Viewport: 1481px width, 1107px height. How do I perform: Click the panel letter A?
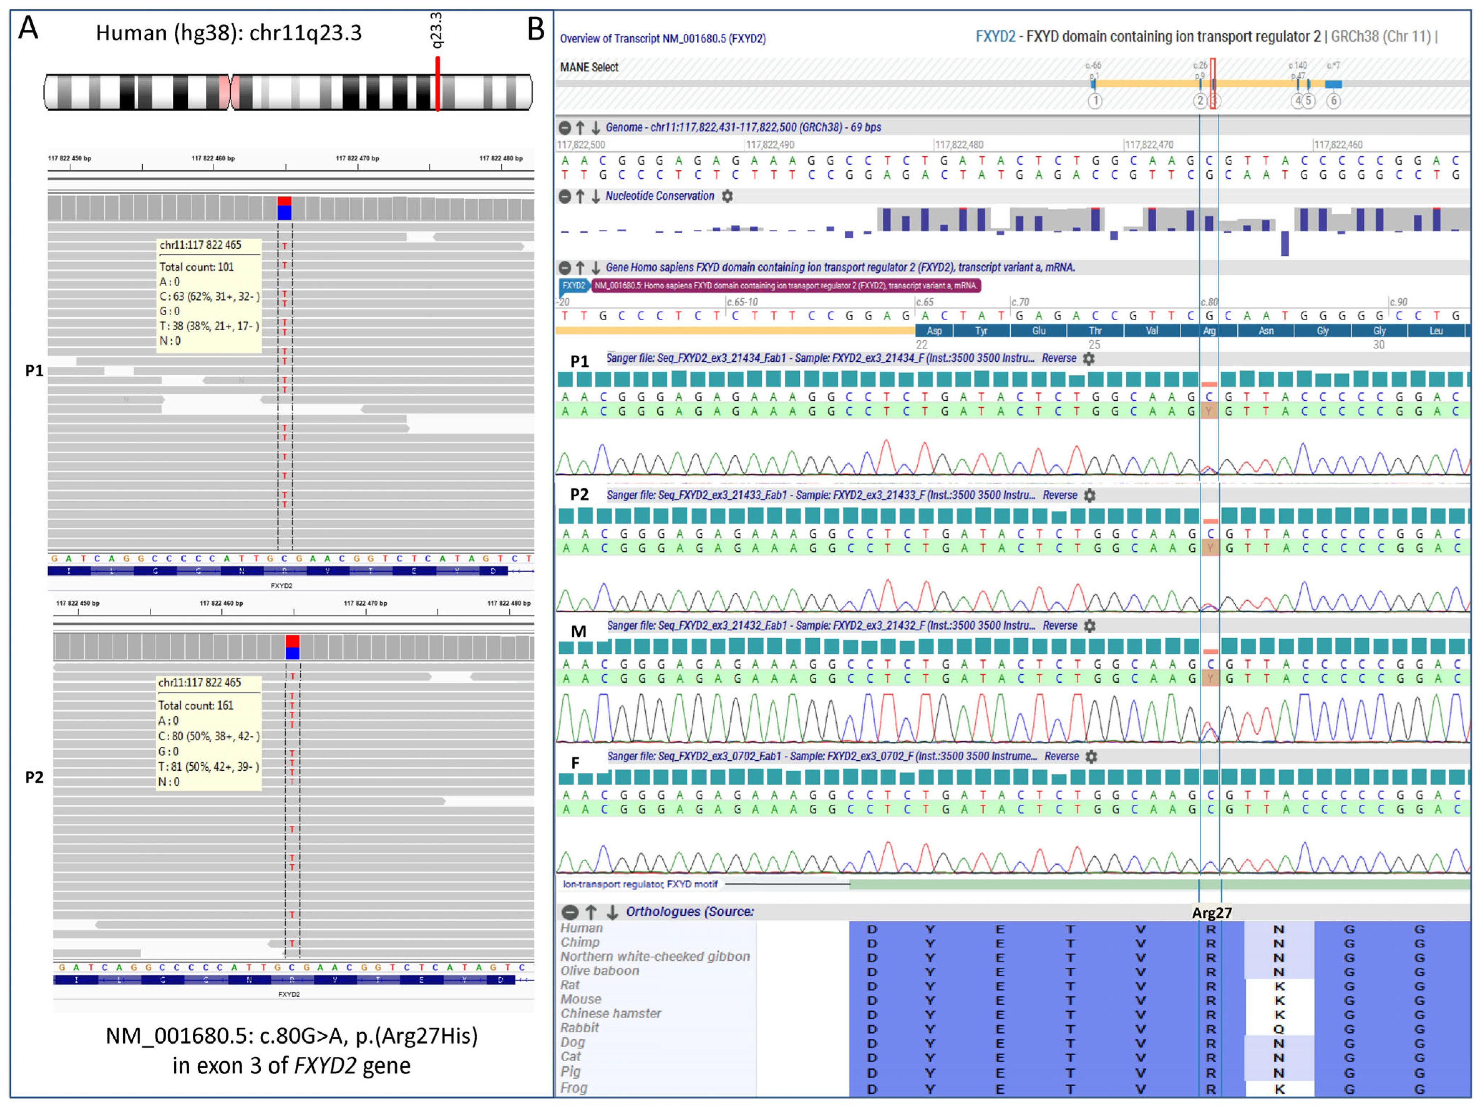coord(28,28)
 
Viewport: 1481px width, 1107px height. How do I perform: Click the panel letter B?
coord(536,29)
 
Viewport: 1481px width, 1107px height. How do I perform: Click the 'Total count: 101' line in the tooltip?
coord(196,267)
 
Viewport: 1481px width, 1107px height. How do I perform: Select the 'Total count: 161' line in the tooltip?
coord(196,705)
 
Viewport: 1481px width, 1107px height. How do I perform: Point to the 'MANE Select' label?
coord(589,67)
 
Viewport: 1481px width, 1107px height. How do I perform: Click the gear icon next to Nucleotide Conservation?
coord(727,196)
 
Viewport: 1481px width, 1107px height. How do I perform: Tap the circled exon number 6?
coord(1333,101)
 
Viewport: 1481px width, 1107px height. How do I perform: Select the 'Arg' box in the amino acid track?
coord(1209,331)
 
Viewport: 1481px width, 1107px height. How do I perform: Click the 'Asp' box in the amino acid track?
coord(934,331)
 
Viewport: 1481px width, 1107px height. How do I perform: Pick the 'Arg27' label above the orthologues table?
coord(1212,912)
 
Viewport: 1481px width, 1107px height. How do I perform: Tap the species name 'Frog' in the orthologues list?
coord(574,1088)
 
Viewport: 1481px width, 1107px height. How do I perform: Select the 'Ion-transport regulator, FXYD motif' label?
coord(640,884)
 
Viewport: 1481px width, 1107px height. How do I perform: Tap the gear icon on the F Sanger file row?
coord(1091,756)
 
